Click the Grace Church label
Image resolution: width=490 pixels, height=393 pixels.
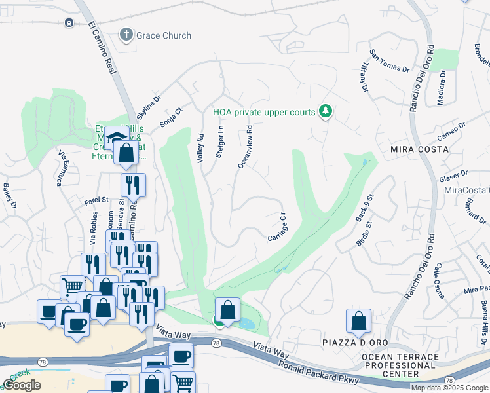164,35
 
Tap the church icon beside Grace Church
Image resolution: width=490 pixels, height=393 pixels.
126,35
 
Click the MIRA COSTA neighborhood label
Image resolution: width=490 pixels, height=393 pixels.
419,149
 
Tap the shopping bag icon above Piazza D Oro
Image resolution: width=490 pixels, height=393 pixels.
358,320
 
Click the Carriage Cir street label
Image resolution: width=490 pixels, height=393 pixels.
278,226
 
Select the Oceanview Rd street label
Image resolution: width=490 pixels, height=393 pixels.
245,148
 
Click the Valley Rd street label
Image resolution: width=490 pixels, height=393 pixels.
201,148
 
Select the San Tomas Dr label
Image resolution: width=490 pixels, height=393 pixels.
389,61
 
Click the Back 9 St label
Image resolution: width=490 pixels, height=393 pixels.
364,208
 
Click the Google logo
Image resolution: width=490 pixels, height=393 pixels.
22,385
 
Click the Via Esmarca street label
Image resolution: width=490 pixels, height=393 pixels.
60,168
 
